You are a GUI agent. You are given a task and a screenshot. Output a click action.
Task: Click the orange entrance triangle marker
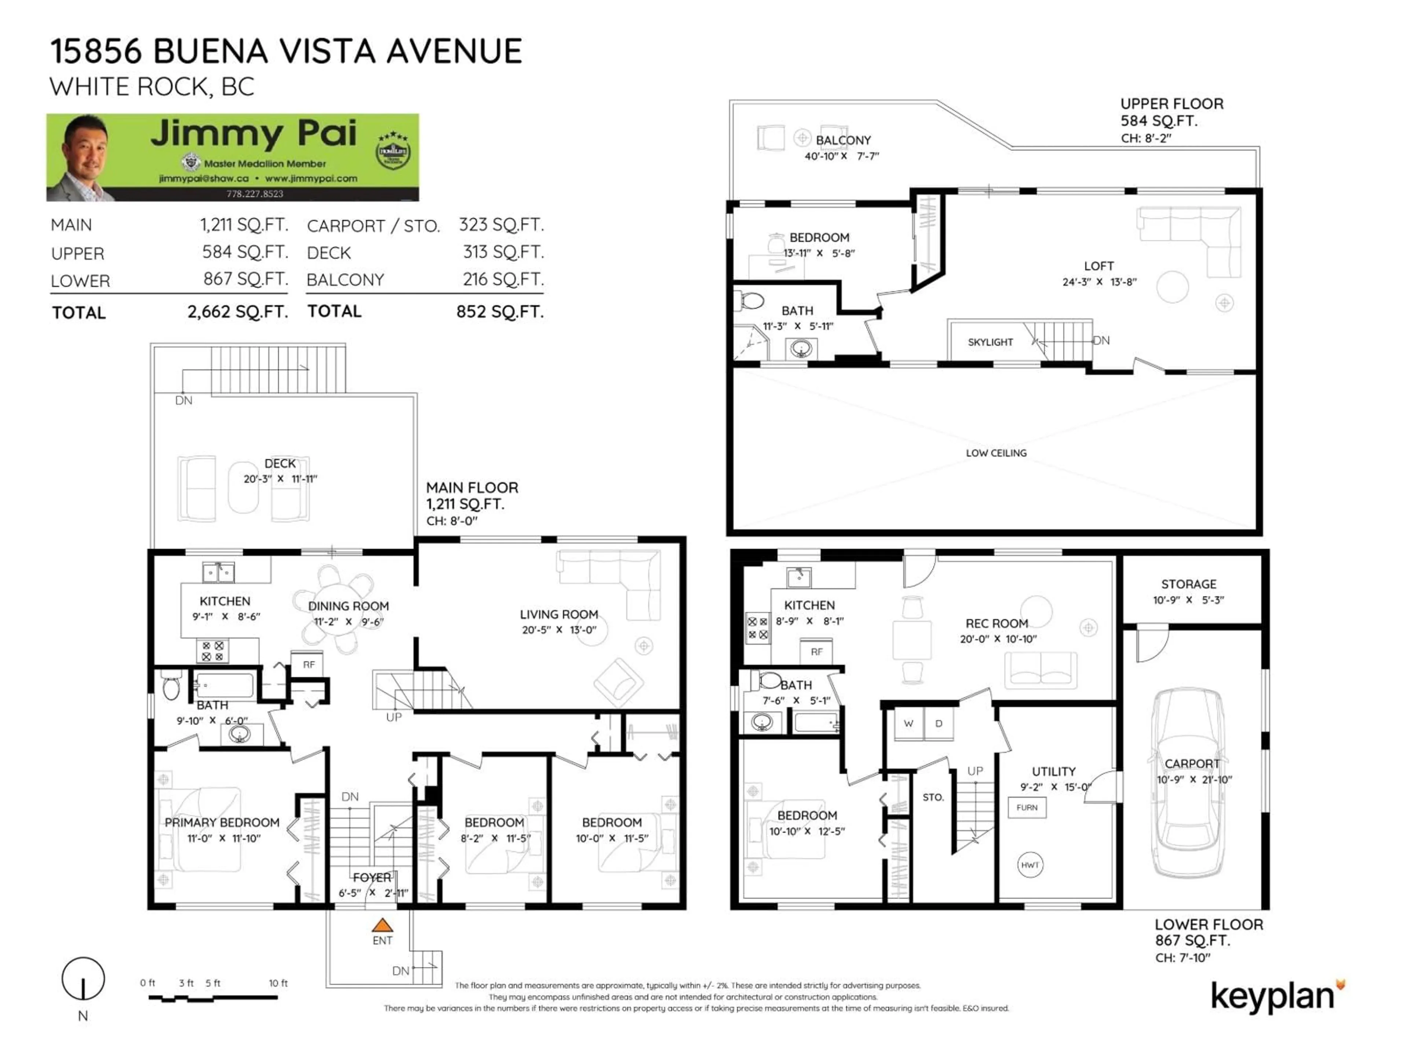click(x=382, y=925)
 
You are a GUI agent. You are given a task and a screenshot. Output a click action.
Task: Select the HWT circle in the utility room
click(x=1030, y=865)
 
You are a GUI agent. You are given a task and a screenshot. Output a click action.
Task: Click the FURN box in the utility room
click(x=1027, y=808)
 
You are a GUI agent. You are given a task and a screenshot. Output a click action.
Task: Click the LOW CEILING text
click(x=996, y=453)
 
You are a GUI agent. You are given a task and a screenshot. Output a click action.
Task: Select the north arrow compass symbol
click(x=83, y=979)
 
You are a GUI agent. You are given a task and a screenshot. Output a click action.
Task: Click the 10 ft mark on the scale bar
click(x=278, y=983)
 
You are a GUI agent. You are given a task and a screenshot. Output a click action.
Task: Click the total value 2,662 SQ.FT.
click(x=237, y=312)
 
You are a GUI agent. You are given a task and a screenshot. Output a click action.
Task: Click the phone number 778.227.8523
click(x=254, y=194)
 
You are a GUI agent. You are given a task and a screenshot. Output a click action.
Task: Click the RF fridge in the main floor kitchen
click(x=309, y=665)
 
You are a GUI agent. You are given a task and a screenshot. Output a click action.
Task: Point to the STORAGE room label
click(x=1188, y=584)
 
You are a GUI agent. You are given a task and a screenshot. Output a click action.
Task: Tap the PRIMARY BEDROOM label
click(x=222, y=822)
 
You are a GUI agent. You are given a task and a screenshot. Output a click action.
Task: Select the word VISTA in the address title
click(x=324, y=51)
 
